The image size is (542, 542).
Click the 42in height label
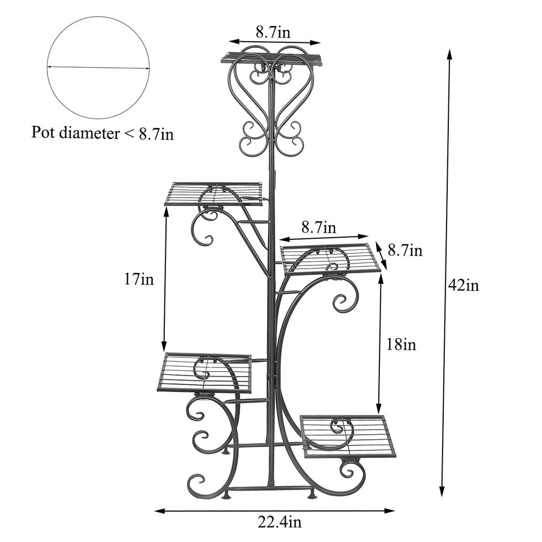(463, 286)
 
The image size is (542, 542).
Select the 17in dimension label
(139, 279)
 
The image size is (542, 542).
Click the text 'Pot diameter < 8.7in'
(102, 134)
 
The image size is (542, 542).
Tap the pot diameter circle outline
(98, 17)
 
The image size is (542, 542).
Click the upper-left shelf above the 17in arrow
(214, 194)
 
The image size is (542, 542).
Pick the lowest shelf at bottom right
(348, 436)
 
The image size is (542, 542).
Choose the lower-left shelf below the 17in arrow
(204, 373)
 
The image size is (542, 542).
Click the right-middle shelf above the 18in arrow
(330, 259)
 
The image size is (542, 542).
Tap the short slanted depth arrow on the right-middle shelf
(382, 256)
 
